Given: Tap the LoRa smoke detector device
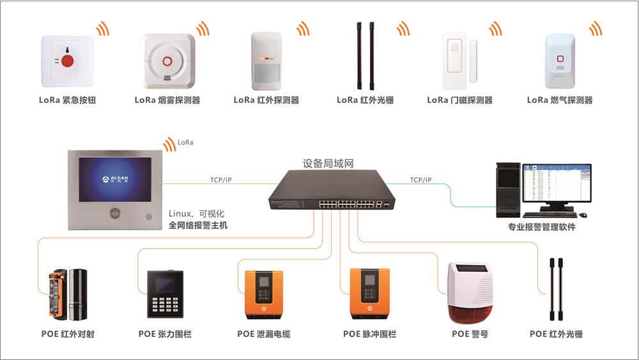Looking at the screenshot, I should [x=167, y=61].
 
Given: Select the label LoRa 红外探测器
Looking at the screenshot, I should [x=266, y=100].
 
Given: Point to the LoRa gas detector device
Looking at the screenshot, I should [x=560, y=61].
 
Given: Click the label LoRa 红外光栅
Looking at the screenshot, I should [x=365, y=100].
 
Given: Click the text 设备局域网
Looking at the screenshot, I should [x=328, y=164].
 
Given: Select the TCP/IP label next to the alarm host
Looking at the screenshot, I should [x=220, y=180].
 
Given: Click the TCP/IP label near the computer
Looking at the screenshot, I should [x=420, y=180].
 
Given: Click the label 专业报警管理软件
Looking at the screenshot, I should [x=541, y=227].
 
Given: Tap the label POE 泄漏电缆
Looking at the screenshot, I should [x=263, y=334].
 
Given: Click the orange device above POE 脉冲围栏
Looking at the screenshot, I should [x=370, y=293].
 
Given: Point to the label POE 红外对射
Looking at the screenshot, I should [x=68, y=334].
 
